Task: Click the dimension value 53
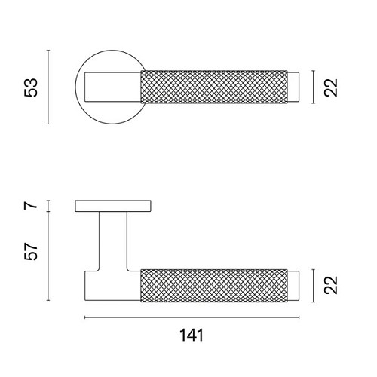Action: (x=31, y=87)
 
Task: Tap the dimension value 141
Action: (x=192, y=335)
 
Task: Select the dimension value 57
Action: (x=31, y=251)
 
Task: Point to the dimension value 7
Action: (x=31, y=205)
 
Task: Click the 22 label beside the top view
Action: (x=331, y=87)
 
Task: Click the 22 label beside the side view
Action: (x=331, y=285)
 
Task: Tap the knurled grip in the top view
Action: (x=214, y=87)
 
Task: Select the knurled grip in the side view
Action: (x=214, y=285)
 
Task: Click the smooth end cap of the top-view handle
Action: (x=293, y=87)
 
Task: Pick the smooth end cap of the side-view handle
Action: (x=293, y=286)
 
